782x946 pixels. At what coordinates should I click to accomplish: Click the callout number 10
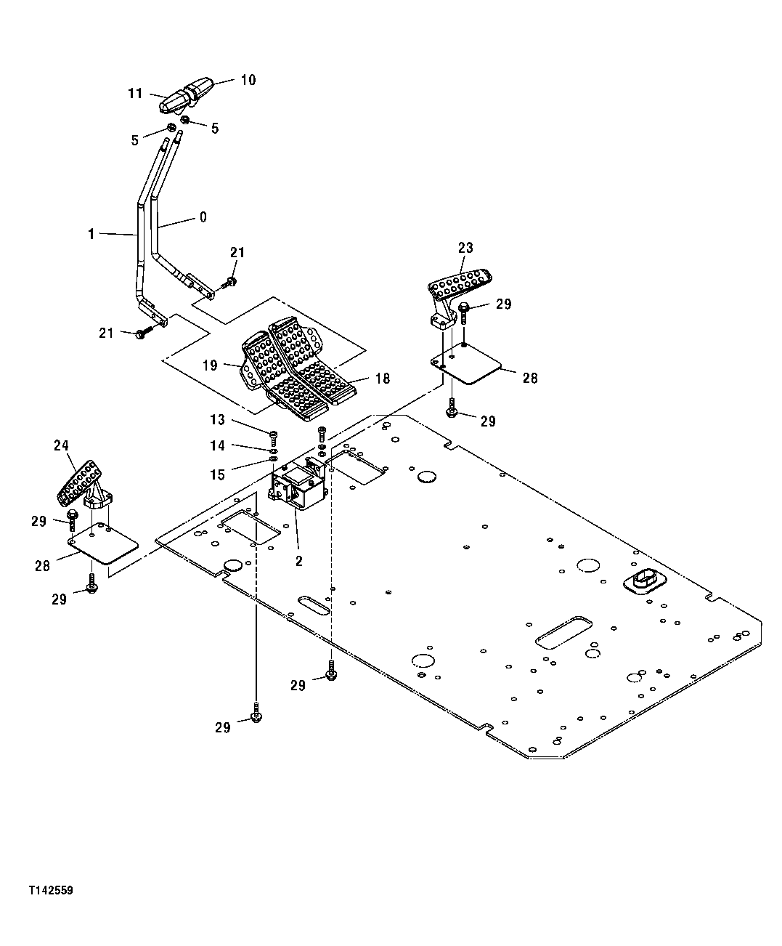click(248, 80)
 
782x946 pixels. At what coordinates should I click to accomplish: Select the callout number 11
click(136, 94)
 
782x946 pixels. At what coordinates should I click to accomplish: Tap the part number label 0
click(203, 217)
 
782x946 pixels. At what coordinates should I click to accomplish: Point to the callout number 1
click(91, 234)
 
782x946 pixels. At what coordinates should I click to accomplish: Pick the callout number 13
click(218, 421)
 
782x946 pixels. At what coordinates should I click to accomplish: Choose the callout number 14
click(218, 445)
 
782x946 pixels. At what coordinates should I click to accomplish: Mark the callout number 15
click(218, 474)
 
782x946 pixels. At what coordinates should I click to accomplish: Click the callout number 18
click(382, 379)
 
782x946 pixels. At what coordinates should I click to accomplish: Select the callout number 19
click(210, 365)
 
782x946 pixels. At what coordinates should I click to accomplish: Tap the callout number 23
click(465, 248)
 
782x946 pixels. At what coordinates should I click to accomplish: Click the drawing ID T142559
click(52, 890)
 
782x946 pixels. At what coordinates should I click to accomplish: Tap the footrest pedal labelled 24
click(81, 481)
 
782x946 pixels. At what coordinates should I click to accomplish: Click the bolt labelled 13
click(273, 435)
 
